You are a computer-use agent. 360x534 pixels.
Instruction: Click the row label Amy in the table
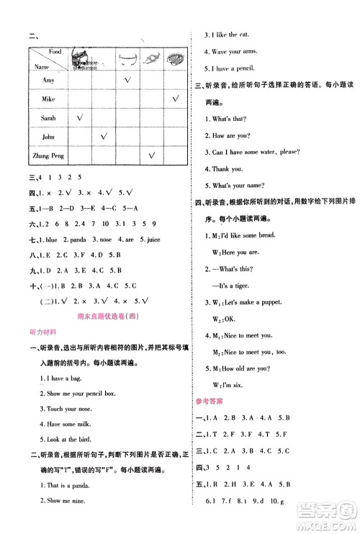(x=49, y=81)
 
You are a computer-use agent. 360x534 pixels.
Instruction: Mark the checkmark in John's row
(x=104, y=135)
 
